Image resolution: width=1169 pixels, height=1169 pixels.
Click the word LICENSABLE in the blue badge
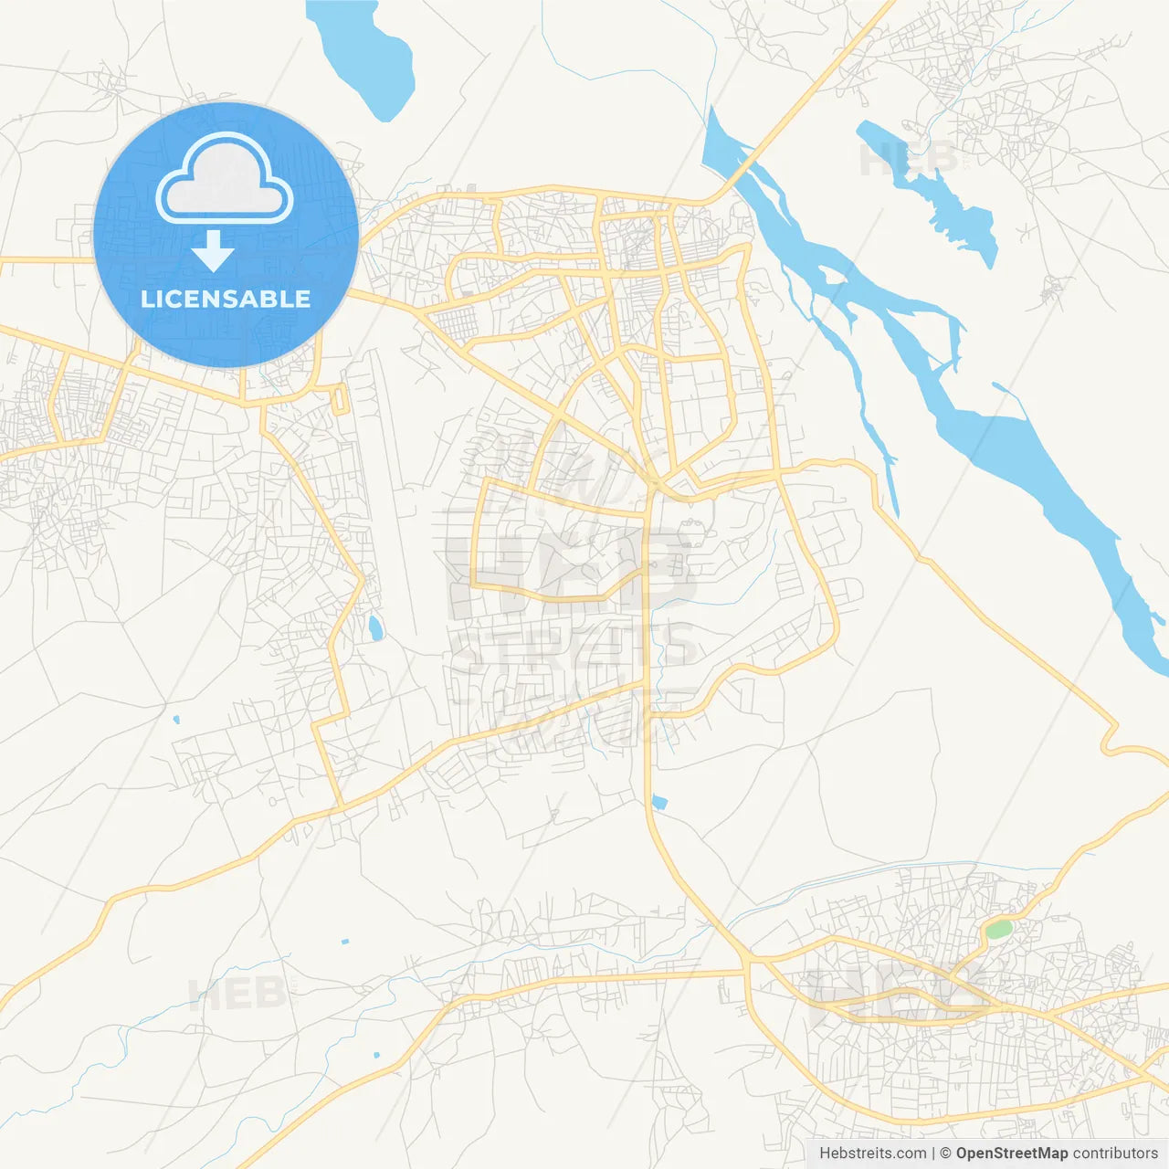tap(226, 299)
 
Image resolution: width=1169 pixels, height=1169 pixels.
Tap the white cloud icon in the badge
tap(225, 180)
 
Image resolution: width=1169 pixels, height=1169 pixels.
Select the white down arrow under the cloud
tap(213, 251)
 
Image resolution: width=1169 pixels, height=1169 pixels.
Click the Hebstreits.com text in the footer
tap(872, 1153)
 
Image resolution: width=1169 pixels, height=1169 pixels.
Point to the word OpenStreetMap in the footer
tap(1011, 1153)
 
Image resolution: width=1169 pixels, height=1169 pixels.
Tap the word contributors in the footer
tap(1115, 1153)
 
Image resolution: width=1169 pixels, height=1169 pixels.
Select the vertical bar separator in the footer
tap(933, 1153)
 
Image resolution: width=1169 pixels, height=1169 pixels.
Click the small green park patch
tap(998, 930)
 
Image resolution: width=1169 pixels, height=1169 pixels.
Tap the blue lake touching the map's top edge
tap(365, 55)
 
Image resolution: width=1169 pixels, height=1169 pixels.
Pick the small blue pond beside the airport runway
tap(374, 627)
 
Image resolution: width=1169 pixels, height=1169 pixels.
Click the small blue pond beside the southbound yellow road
tap(659, 804)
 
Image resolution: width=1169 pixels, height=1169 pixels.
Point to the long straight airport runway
tap(393, 493)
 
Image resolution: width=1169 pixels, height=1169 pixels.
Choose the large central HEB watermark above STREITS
tap(571, 571)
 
